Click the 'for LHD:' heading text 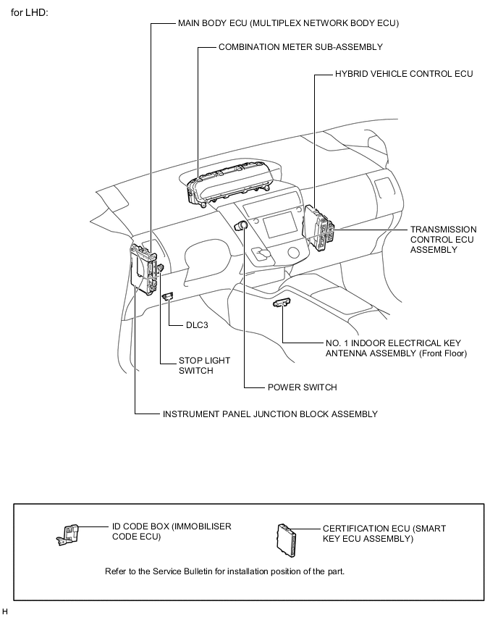tap(30, 13)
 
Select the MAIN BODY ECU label tap(288, 23)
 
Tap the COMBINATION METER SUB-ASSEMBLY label tap(300, 47)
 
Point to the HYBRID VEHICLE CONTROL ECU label tap(403, 74)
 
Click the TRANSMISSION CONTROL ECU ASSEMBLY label tap(443, 239)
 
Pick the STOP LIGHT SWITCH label tap(195, 365)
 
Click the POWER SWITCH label tap(302, 387)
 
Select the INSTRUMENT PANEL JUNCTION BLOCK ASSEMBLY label tap(270, 414)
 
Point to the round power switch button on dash tap(242, 227)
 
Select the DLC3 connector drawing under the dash tap(167, 296)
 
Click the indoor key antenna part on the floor tap(282, 303)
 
